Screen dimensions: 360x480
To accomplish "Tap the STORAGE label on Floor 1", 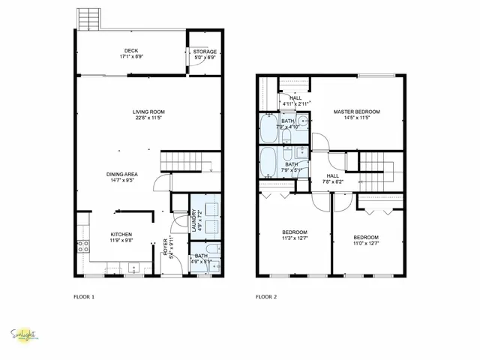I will click(205, 52).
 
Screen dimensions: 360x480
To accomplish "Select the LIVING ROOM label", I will click(149, 112).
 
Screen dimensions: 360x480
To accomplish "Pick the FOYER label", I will click(166, 247).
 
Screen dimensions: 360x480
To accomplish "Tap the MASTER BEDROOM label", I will click(356, 112).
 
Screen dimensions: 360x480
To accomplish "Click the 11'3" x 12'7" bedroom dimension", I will click(294, 238).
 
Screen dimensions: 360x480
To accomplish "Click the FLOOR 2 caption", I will click(266, 296).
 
